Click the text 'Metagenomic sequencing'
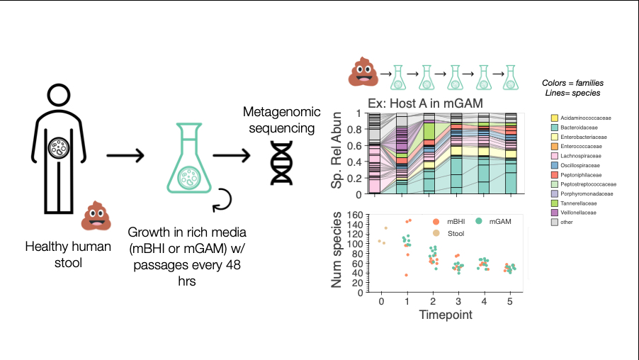pos(278,120)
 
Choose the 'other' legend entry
pos(567,222)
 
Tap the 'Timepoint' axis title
pos(444,315)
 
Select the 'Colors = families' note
pos(572,83)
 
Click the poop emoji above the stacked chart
pos(362,72)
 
